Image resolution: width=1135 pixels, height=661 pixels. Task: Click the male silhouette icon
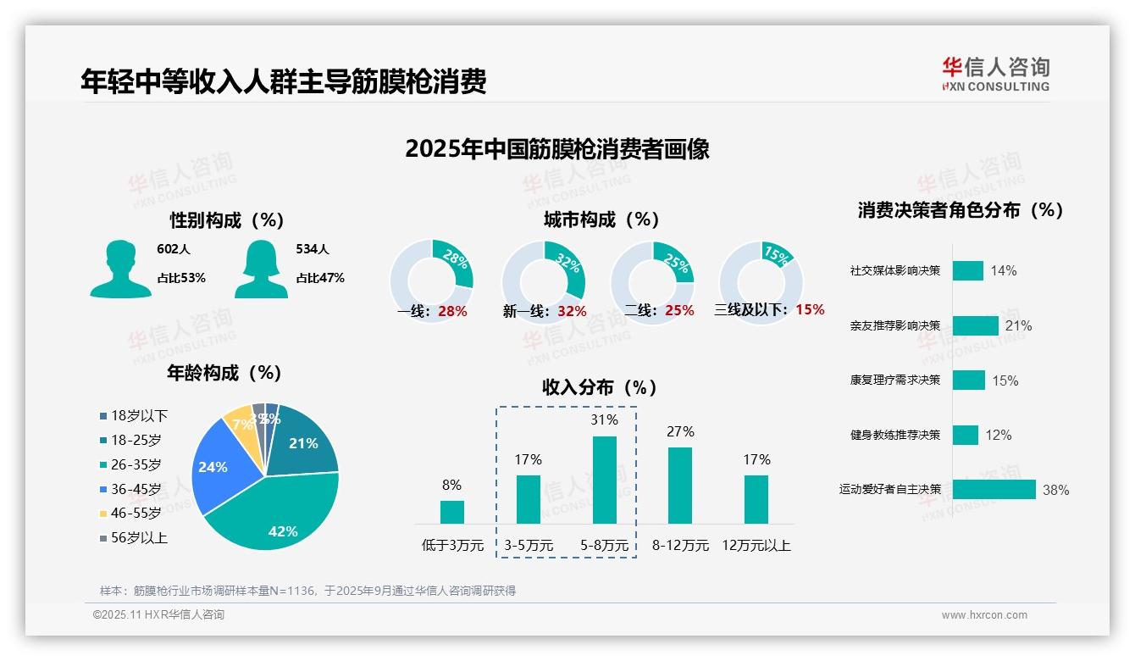120,269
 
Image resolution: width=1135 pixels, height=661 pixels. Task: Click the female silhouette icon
261,269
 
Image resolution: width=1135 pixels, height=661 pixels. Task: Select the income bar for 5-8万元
605,480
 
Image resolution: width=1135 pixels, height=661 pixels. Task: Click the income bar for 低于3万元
452,512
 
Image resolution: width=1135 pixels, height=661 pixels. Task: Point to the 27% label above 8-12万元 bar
680,432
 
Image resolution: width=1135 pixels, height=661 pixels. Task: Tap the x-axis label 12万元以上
756,546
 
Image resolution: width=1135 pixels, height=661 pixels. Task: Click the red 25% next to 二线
679,311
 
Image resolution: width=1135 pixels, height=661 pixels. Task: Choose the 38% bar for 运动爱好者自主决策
994,490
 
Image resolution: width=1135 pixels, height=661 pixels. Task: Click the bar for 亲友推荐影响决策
975,325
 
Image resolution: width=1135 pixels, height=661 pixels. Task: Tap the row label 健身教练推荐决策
895,435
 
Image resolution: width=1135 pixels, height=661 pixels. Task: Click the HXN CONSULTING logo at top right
995,74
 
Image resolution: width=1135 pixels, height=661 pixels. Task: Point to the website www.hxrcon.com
984,615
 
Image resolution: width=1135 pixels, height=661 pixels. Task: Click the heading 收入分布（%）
600,387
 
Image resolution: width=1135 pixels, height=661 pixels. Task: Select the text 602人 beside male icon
174,249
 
